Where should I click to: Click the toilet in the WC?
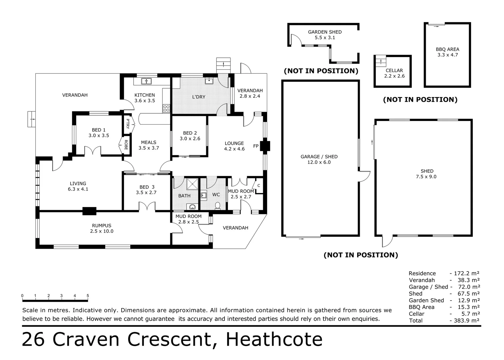pyautogui.click(x=218, y=206)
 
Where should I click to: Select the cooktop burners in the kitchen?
pyautogui.click(x=167, y=108)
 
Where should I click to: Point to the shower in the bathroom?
pyautogui.click(x=193, y=184)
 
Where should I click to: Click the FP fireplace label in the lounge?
pyautogui.click(x=255, y=146)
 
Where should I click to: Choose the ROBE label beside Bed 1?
pyautogui.click(x=126, y=145)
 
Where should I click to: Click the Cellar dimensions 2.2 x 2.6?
pyautogui.click(x=394, y=76)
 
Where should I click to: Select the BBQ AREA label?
pyautogui.click(x=447, y=49)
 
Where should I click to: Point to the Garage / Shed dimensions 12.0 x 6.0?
pyautogui.click(x=319, y=162)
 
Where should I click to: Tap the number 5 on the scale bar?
pyautogui.click(x=88, y=296)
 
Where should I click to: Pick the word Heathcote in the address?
pyautogui.click(x=274, y=340)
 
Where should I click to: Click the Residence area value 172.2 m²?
pyautogui.click(x=466, y=273)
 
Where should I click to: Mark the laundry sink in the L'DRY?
pyautogui.click(x=209, y=81)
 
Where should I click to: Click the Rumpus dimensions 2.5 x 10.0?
pyautogui.click(x=102, y=231)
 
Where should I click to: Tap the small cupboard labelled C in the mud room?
pyautogui.click(x=258, y=186)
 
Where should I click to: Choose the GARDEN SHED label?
pyautogui.click(x=325, y=32)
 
